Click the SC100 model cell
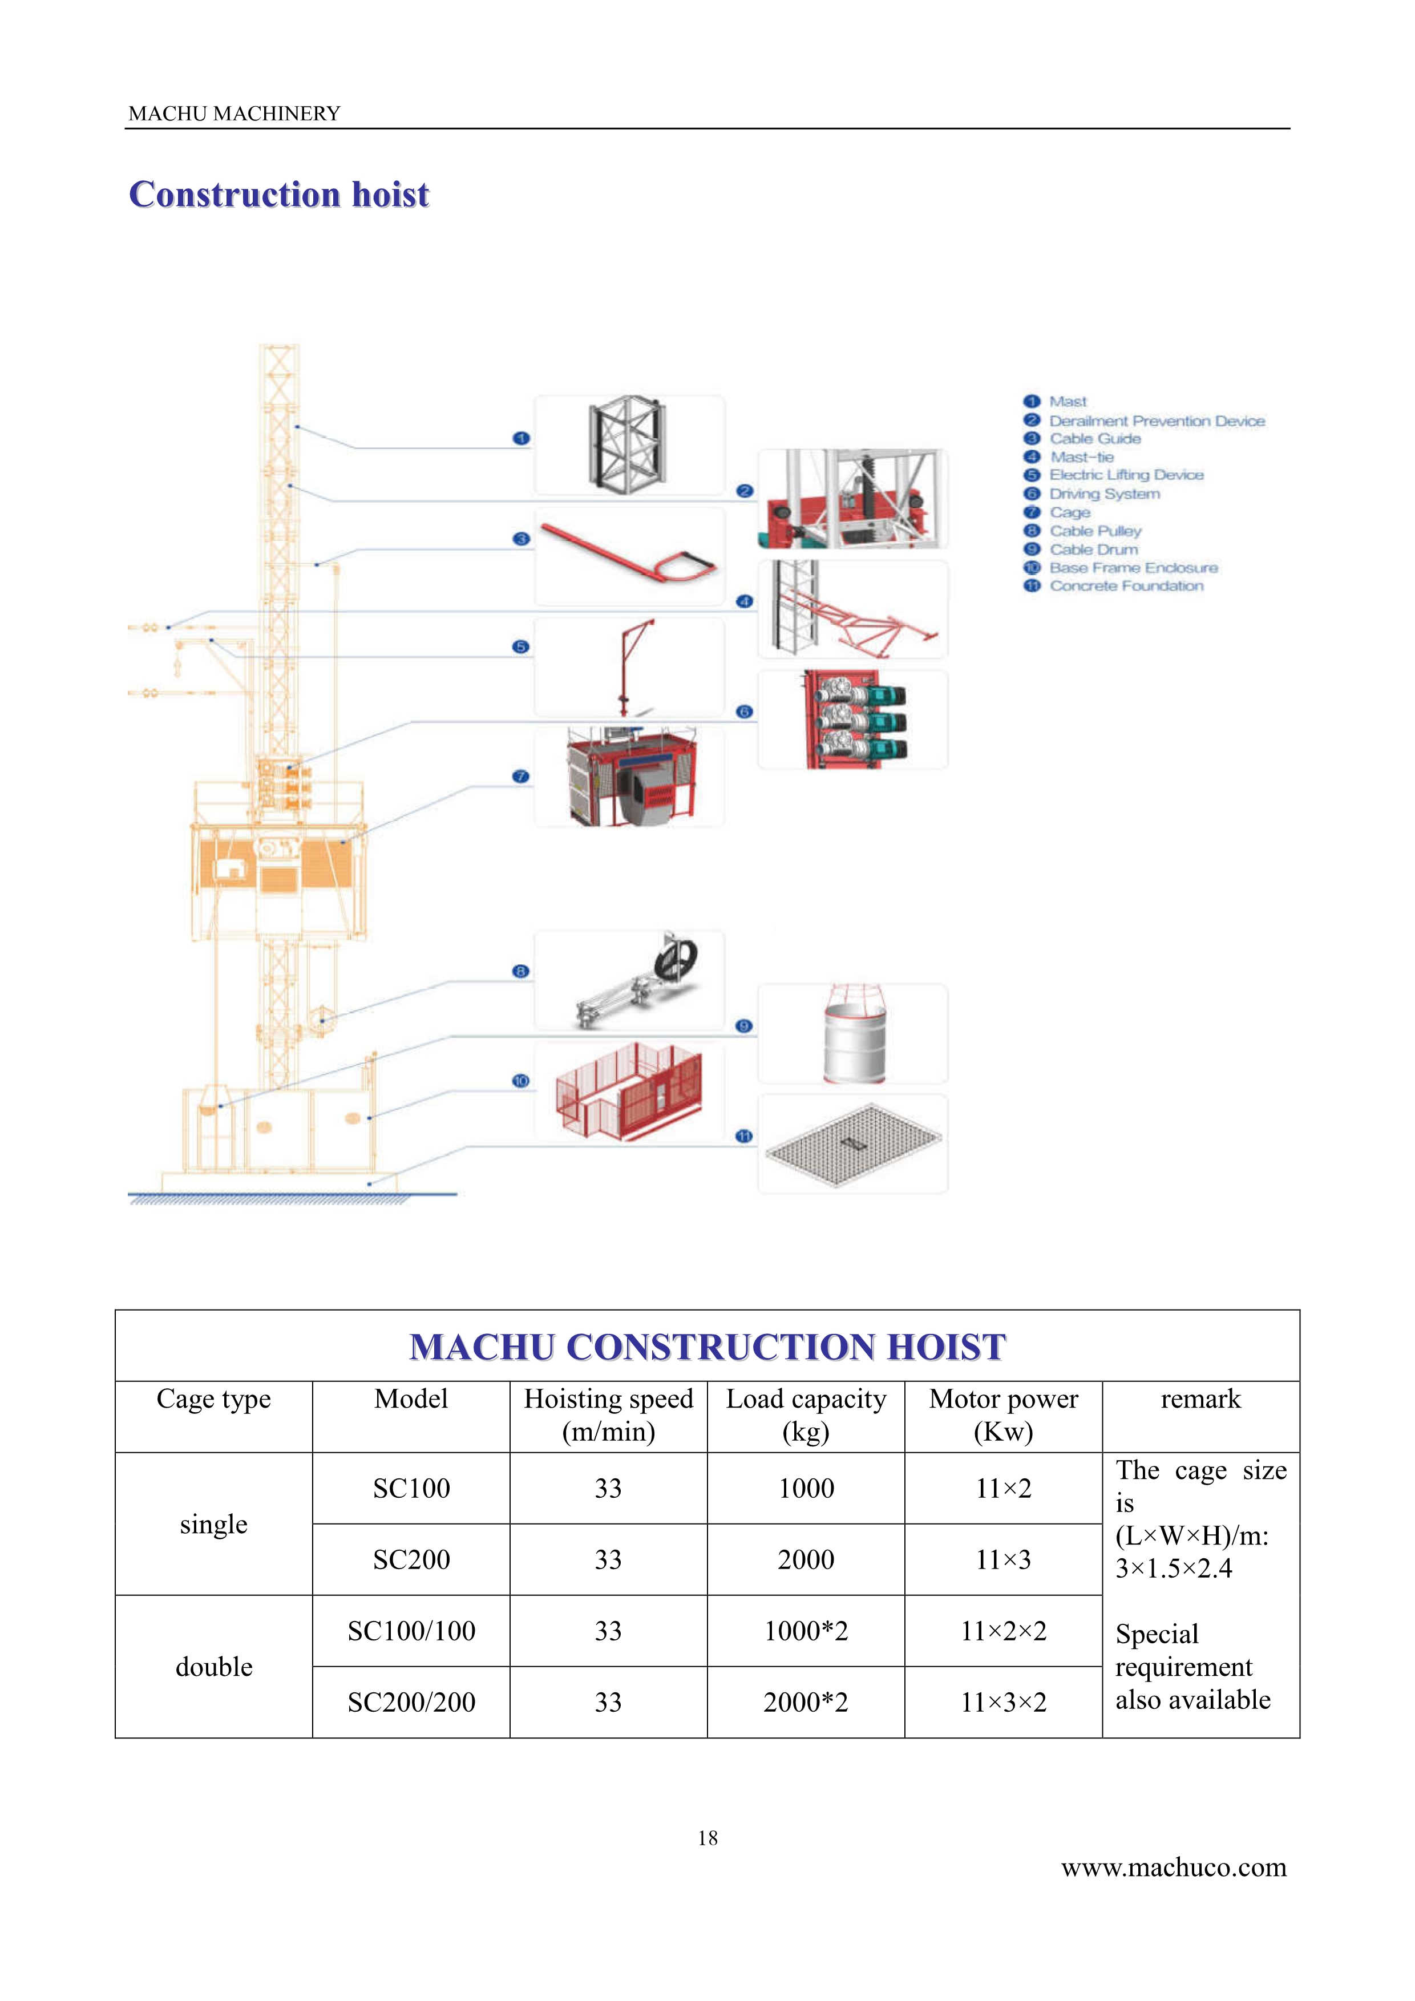pos(411,1487)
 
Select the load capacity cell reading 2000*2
pos(806,1702)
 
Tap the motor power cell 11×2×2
pos(1004,1631)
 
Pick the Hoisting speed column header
pos(608,1414)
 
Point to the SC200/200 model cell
pos(411,1702)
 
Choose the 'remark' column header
pos(1200,1399)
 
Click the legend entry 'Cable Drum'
pos(1094,549)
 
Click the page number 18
pos(707,1838)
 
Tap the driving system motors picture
pos(855,719)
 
